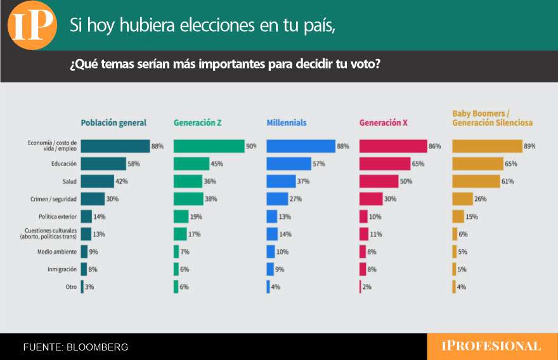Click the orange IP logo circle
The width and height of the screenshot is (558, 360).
coord(32,25)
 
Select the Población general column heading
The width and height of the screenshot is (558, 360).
coord(114,123)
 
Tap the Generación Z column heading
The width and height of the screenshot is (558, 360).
coord(198,123)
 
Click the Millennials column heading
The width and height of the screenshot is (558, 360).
coord(287,123)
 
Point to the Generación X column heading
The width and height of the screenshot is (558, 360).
coord(383,123)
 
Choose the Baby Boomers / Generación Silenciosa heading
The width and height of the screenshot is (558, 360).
coord(492,119)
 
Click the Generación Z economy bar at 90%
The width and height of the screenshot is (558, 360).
coord(209,146)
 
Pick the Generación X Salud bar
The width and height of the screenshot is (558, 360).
coord(378,181)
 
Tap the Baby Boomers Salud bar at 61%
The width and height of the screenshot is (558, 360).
coord(476,181)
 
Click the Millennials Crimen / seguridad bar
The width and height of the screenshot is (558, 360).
coord(277,199)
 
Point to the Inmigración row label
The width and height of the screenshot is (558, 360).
coord(62,269)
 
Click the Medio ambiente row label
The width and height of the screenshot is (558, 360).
coord(58,252)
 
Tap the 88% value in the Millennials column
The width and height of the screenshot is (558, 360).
coord(343,146)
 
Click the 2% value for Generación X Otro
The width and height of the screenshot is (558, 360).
coord(367,287)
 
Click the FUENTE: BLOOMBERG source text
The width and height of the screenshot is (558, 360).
coord(75,347)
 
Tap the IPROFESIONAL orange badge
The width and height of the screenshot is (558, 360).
coord(491,346)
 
